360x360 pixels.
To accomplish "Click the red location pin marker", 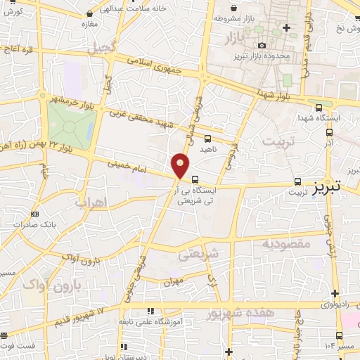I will [181, 165].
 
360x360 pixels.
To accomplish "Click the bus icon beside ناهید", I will [207, 138].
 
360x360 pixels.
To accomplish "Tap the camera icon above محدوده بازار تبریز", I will [262, 46].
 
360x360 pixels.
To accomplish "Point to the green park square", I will [70, 126].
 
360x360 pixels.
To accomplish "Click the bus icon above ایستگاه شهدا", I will [320, 108].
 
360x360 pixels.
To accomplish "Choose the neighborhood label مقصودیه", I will [286, 244].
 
